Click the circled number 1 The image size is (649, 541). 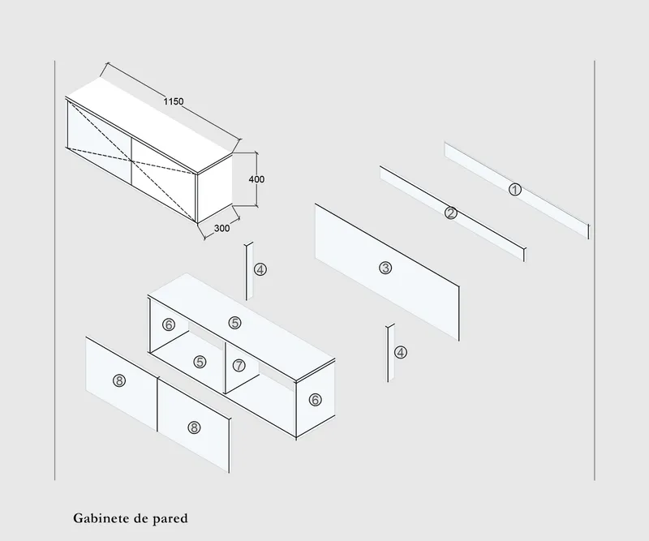[514, 189]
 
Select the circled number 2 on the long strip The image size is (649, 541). [451, 213]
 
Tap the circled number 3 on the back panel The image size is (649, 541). [385, 268]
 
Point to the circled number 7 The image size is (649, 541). [239, 365]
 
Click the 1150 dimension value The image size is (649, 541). [174, 102]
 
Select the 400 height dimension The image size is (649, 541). [257, 179]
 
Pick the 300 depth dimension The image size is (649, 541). [221, 229]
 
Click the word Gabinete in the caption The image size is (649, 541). [98, 517]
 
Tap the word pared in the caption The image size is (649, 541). [172, 517]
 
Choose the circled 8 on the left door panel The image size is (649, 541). [119, 381]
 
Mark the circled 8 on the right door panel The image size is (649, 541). [193, 427]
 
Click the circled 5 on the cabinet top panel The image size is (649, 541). [234, 322]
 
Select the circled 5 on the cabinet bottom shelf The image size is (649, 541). [200, 362]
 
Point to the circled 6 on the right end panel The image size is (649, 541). [315, 399]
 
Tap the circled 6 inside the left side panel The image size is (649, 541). [169, 324]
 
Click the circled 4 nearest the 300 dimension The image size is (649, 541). [260, 269]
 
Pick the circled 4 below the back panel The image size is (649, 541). [400, 352]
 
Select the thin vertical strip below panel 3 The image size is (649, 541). [390, 353]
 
